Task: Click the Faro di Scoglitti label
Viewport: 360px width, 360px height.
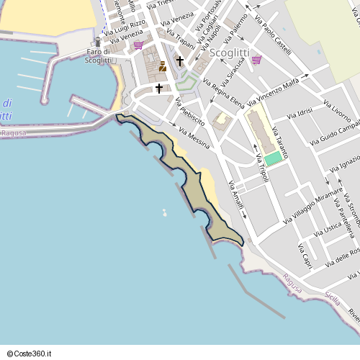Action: point(98,55)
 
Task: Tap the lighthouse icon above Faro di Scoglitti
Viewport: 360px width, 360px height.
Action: point(98,42)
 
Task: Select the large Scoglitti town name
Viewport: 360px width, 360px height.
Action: point(230,53)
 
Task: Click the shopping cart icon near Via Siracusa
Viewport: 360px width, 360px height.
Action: point(256,60)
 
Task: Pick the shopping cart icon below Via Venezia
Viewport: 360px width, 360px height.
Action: point(138,45)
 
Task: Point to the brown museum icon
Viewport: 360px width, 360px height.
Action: point(162,67)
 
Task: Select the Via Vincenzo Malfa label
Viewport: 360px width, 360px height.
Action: point(274,94)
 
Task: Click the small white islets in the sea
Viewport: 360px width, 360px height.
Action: point(165,212)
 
